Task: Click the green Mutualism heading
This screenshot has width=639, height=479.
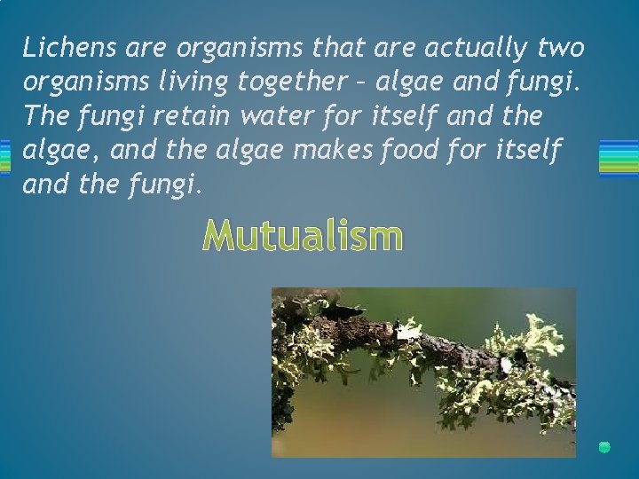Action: point(303,237)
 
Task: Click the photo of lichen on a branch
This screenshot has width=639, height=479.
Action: point(423,372)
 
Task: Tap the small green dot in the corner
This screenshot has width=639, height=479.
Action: point(604,447)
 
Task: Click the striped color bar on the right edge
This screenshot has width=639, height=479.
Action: point(619,157)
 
